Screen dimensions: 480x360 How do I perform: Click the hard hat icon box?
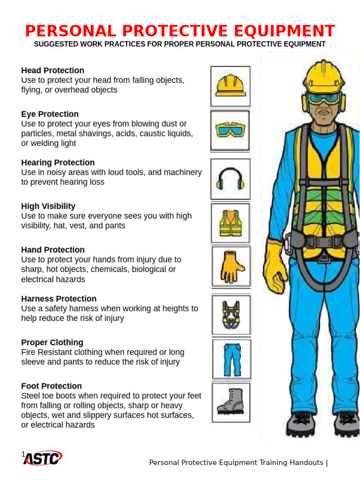coord(230,86)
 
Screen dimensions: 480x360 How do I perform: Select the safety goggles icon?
coord(230,130)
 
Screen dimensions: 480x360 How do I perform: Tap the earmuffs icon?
coord(230,179)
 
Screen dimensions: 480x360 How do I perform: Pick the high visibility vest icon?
coord(230,223)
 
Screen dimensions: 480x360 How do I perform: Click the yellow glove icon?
coord(231,267)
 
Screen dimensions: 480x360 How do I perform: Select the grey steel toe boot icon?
coord(231,402)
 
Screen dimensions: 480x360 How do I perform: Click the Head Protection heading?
coord(52,70)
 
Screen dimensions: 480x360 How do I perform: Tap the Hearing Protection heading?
coord(58,163)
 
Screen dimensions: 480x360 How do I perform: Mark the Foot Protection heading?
coord(52,386)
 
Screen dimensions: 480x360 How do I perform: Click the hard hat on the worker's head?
coord(324,75)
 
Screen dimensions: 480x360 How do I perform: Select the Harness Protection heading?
coord(59,299)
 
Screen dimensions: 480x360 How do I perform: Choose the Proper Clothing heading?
coord(52,343)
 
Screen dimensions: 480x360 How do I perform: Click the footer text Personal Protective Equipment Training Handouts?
coord(237,463)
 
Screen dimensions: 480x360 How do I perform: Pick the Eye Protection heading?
coord(50,114)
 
